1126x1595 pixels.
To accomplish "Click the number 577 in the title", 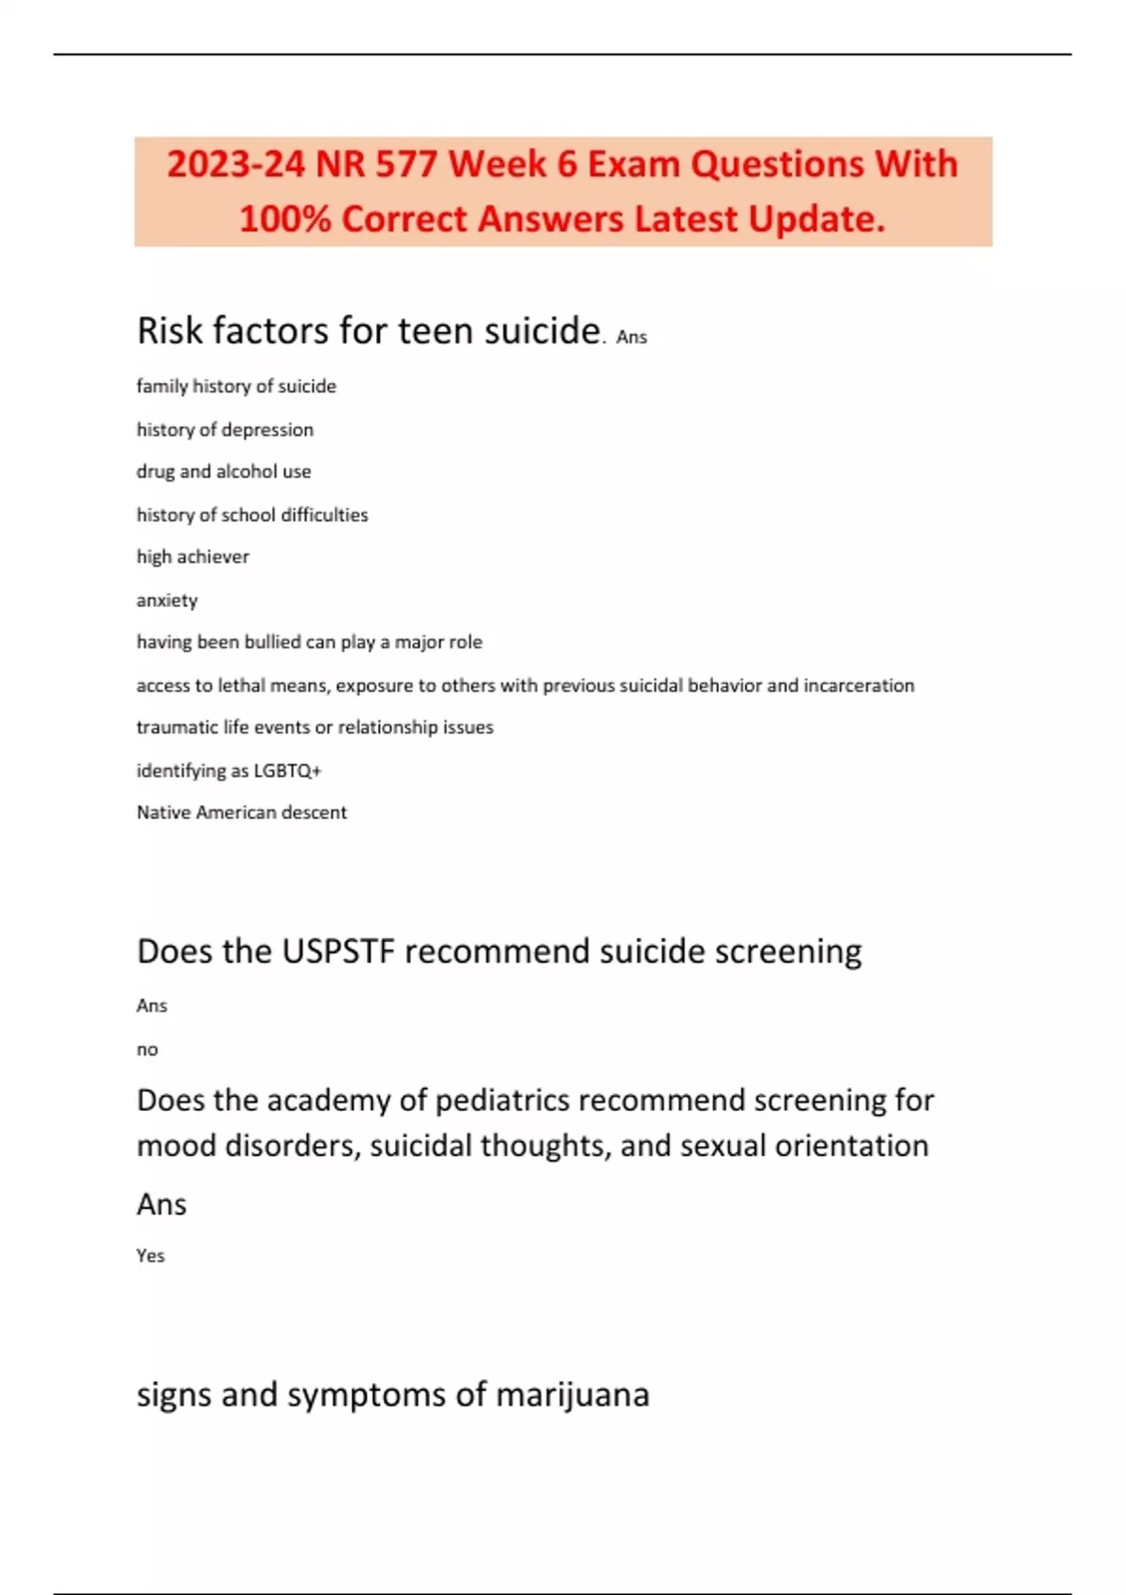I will [406, 165].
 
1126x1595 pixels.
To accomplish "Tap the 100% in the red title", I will [284, 220].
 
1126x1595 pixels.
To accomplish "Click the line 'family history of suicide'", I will [236, 387].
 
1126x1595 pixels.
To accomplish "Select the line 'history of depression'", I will [225, 430].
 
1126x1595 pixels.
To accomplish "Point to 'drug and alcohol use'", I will [223, 472].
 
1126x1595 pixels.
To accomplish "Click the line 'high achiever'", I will [192, 557].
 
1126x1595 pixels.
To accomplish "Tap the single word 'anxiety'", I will [167, 600].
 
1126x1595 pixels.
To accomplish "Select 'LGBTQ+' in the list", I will [287, 771].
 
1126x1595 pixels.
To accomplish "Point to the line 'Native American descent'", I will [241, 813].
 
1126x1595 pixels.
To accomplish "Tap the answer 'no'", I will [147, 1050].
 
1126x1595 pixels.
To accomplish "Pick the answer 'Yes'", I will [150, 1256].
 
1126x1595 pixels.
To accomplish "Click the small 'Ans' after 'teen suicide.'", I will [631, 337].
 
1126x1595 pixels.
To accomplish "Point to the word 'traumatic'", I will [176, 728].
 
